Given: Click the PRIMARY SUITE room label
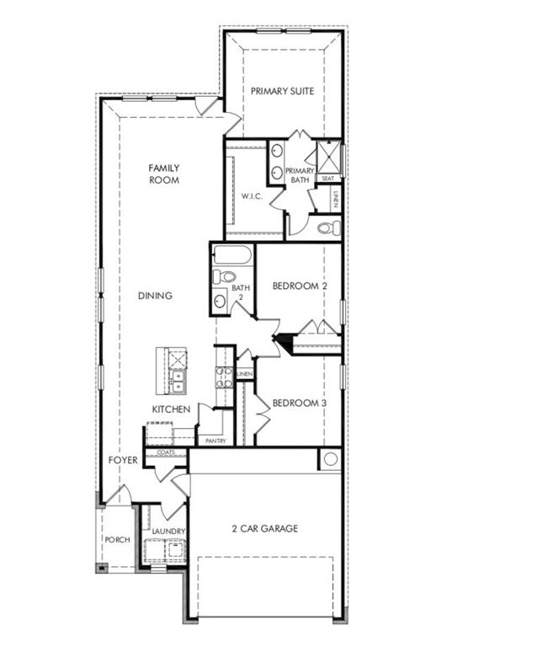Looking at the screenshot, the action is pos(282,91).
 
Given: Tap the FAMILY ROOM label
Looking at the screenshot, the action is pos(164,174).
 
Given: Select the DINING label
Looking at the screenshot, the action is pos(155,296).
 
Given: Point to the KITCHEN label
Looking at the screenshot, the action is pos(171,409).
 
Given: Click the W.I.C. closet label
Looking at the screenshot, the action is pos(252,196).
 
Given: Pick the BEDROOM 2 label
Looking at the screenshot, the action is pos(300,286).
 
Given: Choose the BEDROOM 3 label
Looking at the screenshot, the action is pos(300,403).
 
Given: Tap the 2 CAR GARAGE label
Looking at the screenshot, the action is pos(264,528).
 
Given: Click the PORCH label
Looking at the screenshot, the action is pos(118,539).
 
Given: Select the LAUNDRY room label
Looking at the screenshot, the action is pos(168,531).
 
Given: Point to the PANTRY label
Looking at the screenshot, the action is pos(216,441).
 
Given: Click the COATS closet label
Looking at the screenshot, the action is pos(166,452).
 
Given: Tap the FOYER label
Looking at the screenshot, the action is pos(123,460).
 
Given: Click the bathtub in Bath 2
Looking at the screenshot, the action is pos(232,255).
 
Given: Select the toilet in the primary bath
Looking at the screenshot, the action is pos(329,227).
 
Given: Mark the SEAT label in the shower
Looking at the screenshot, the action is pos(328,179).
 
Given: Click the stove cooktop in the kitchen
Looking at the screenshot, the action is pos(224,377).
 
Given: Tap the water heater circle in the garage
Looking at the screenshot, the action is pos(331,459).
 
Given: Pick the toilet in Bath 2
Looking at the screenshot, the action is pos(223,276).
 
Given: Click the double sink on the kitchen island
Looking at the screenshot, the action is pos(178,381).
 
